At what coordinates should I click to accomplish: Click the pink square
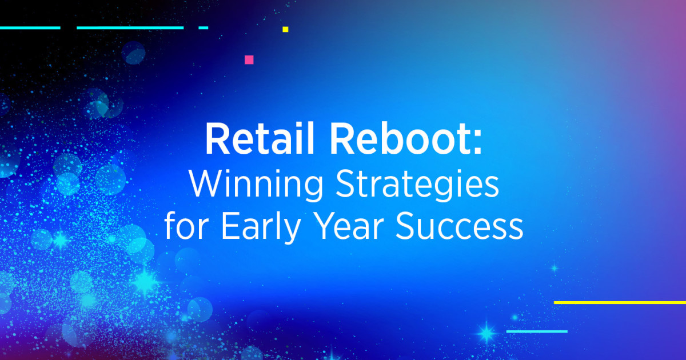click(x=249, y=59)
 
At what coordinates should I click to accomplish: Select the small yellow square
click(x=285, y=29)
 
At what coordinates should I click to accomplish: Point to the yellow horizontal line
click(x=620, y=302)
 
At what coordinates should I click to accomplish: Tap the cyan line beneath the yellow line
click(x=537, y=331)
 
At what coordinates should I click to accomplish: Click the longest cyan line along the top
click(x=130, y=27)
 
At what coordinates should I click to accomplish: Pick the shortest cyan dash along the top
click(x=203, y=27)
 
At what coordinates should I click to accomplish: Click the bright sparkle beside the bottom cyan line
click(x=487, y=332)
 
